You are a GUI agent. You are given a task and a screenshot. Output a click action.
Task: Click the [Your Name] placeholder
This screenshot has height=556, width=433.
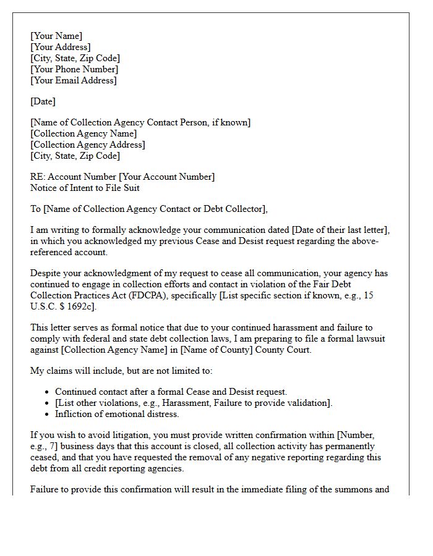pyautogui.click(x=56, y=36)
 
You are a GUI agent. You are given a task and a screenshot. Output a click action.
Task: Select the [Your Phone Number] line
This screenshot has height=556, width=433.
pyautogui.click(x=74, y=69)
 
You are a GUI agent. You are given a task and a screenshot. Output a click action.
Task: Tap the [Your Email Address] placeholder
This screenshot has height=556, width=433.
pyautogui.click(x=73, y=80)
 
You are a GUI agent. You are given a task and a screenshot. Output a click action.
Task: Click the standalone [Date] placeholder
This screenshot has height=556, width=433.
pyautogui.click(x=43, y=101)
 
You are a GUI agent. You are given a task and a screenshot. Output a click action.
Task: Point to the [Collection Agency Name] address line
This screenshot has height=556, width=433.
pyautogui.click(x=84, y=133)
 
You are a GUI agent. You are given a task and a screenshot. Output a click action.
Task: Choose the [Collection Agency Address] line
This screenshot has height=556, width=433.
pyautogui.click(x=87, y=145)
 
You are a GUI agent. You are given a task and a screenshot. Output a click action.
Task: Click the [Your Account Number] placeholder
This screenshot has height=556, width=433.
pyautogui.click(x=166, y=177)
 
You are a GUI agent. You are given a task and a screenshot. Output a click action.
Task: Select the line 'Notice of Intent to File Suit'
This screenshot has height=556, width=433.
pyautogui.click(x=85, y=188)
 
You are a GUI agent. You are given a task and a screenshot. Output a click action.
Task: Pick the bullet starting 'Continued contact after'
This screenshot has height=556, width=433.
pyautogui.click(x=171, y=392)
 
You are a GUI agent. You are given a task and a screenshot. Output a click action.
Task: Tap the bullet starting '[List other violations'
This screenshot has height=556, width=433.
pyautogui.click(x=194, y=403)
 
